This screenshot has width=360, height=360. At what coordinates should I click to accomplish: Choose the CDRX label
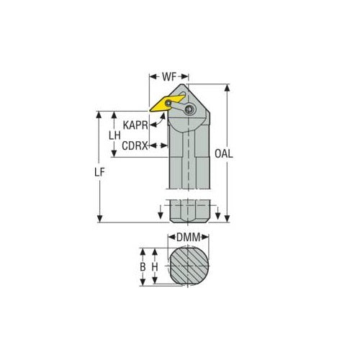tap(135, 146)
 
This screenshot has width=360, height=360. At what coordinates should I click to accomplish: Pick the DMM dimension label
tap(186, 236)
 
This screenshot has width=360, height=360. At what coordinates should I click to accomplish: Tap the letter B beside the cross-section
tap(143, 267)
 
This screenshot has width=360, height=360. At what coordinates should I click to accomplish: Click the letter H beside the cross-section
tap(155, 267)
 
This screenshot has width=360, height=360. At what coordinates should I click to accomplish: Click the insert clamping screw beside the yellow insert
tap(189, 109)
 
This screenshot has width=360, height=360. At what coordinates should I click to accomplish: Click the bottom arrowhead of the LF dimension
tap(99, 220)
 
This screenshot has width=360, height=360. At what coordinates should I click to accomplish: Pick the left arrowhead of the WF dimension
tap(151, 74)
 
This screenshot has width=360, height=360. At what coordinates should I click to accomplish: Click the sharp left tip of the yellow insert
tap(150, 110)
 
